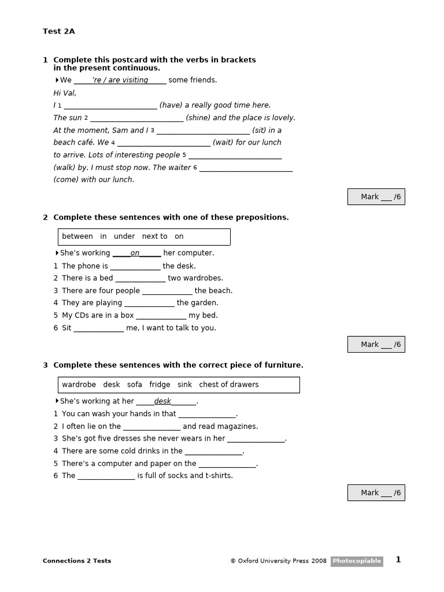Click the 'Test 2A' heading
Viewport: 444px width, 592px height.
point(59,31)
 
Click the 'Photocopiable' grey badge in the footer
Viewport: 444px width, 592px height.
point(357,561)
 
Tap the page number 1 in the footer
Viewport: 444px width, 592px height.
point(398,560)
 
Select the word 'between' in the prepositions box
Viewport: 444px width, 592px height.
point(77,236)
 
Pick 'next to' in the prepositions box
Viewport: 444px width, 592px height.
point(154,236)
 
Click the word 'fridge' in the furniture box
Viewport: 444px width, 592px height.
point(160,384)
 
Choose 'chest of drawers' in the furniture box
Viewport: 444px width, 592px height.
point(229,384)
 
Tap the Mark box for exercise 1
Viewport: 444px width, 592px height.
point(376,197)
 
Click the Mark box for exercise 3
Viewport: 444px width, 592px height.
point(376,493)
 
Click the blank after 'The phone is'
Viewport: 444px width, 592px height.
point(135,267)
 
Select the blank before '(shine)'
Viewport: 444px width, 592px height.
point(136,118)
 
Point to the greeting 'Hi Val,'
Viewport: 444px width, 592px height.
point(65,93)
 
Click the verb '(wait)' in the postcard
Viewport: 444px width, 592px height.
point(223,143)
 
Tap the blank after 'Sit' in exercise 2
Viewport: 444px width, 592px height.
point(99,328)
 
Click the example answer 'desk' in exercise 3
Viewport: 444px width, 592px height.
point(162,401)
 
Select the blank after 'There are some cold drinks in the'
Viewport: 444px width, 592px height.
point(213,452)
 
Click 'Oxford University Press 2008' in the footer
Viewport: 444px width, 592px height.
point(282,561)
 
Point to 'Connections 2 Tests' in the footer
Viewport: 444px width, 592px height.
point(77,561)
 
